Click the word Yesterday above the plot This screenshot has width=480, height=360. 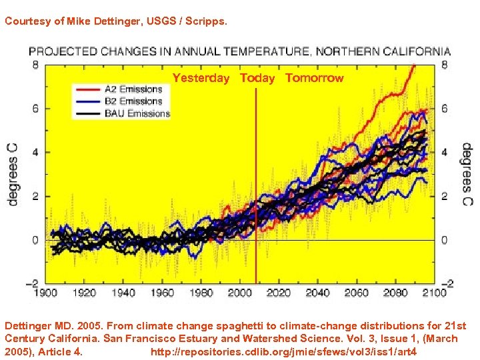(x=201, y=78)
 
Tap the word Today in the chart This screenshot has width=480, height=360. (x=257, y=78)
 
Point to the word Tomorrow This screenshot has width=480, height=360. (x=314, y=78)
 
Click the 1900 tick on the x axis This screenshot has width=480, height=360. (x=45, y=293)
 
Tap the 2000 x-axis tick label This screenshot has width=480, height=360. (x=239, y=293)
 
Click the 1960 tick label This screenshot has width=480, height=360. (x=161, y=293)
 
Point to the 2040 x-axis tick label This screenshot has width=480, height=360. (x=317, y=293)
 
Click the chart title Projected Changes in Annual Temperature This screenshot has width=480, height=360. (x=239, y=51)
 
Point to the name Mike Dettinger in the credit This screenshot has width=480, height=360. (x=99, y=21)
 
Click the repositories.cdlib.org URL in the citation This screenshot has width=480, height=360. (x=284, y=351)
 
